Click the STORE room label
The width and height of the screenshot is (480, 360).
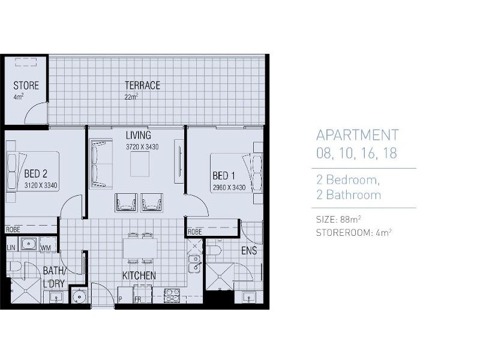point(26,86)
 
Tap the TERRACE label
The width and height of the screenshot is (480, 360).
point(142,85)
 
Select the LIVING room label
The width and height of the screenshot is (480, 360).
point(138,135)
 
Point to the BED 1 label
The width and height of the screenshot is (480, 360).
point(224,176)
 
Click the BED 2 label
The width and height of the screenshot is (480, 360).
point(36,175)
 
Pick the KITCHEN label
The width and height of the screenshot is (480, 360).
point(139,275)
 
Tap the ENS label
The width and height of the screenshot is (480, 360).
point(250,251)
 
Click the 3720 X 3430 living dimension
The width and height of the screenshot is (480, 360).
point(142,147)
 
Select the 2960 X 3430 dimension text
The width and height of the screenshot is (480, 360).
point(229,187)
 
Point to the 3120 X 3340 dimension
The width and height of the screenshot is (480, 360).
point(41,185)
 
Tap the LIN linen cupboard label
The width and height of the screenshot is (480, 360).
point(11,247)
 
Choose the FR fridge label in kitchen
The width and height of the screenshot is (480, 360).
point(137,299)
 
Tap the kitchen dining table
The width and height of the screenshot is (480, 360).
point(140,247)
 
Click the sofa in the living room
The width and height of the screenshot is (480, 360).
point(101,164)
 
